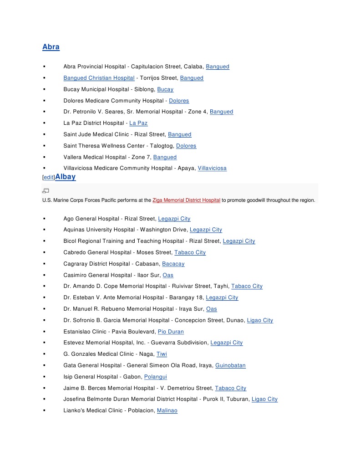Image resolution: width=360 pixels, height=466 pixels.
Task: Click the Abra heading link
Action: (51, 47)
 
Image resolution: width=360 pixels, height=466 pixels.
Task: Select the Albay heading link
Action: (66, 177)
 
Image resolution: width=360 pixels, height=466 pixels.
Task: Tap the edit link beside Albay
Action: (48, 178)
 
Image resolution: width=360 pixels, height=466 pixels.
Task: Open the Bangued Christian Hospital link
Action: (99, 78)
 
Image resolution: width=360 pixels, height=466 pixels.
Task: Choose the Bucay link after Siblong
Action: (165, 89)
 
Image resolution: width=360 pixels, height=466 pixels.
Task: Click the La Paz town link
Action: (138, 123)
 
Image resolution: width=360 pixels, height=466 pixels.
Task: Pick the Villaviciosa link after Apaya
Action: (212, 168)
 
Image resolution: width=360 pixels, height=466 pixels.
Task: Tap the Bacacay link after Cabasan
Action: (173, 264)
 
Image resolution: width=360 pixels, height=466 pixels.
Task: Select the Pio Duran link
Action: (171, 332)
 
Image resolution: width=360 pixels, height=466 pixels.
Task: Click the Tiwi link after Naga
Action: (162, 354)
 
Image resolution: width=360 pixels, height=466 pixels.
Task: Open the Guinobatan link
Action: (230, 365)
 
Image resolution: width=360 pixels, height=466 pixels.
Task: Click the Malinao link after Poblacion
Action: (167, 410)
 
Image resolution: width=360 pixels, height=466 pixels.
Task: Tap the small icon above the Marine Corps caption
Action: (46, 190)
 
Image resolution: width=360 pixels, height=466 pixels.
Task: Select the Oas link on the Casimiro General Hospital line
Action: (168, 275)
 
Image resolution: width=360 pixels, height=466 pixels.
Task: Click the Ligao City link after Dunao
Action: (260, 320)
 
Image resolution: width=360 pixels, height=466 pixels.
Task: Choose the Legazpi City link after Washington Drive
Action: (206, 230)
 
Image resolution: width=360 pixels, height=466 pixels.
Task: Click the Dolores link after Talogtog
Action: (186, 146)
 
